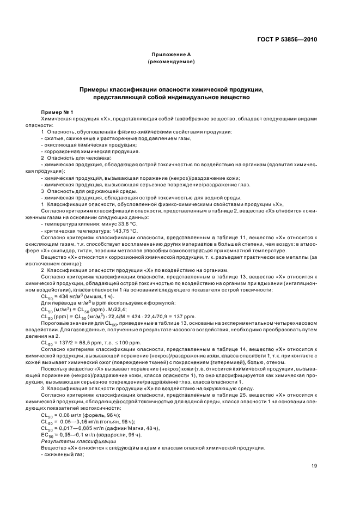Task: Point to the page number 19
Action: [x=314, y=466]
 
